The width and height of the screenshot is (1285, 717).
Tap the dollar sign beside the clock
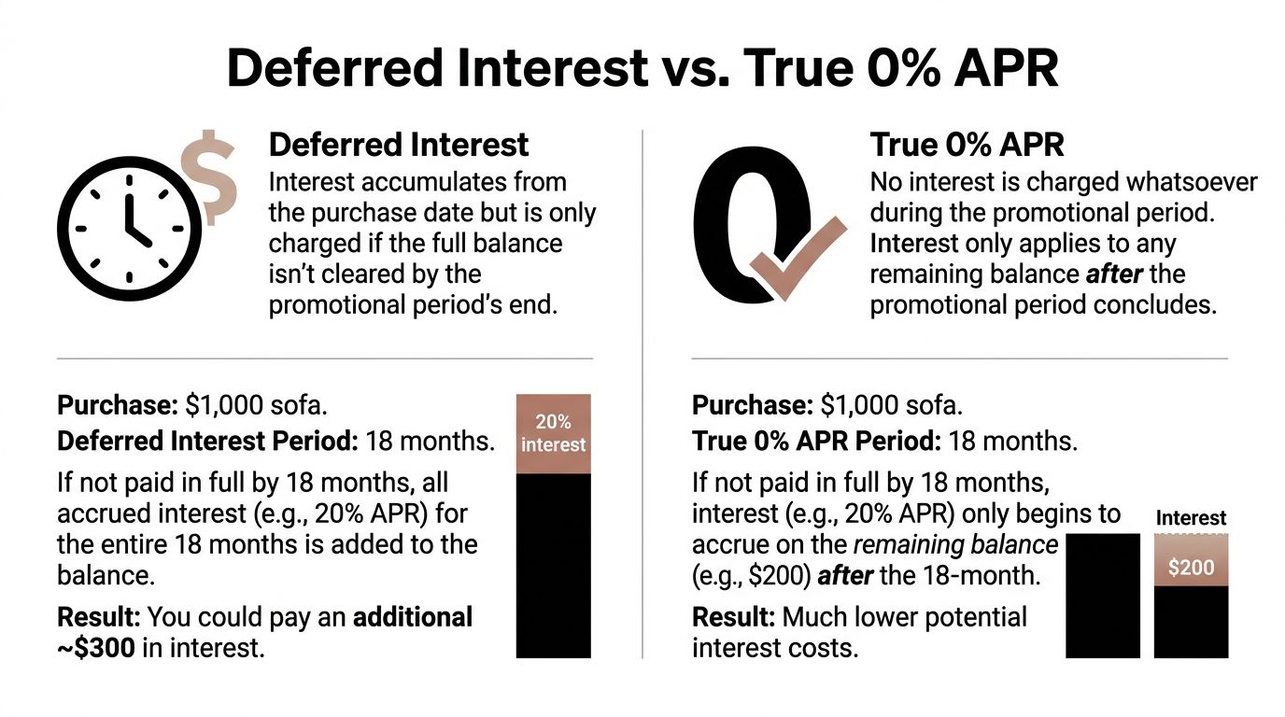(x=209, y=176)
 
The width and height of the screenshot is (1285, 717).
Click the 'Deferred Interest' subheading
(x=399, y=145)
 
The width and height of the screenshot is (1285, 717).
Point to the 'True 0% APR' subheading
(x=967, y=145)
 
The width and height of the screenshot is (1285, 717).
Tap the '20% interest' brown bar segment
(x=553, y=434)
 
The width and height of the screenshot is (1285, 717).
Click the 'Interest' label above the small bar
(x=1191, y=518)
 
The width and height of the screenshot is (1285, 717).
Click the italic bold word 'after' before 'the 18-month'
(x=845, y=576)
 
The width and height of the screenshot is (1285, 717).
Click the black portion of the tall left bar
(x=553, y=565)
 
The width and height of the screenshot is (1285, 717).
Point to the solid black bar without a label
(x=1103, y=596)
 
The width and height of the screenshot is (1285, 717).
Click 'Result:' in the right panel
(x=733, y=617)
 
